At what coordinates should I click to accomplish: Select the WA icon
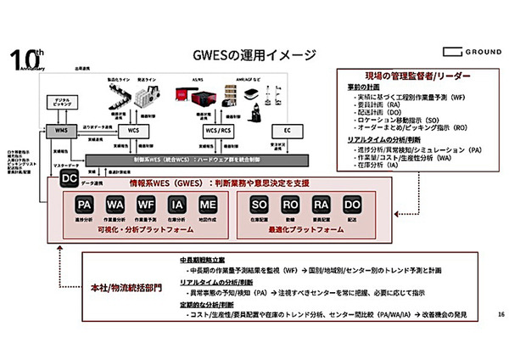point(115,205)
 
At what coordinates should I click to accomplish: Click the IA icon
point(175,205)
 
